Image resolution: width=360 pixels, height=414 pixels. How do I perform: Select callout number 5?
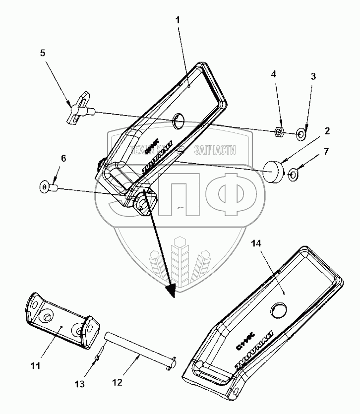[x=43, y=53]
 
